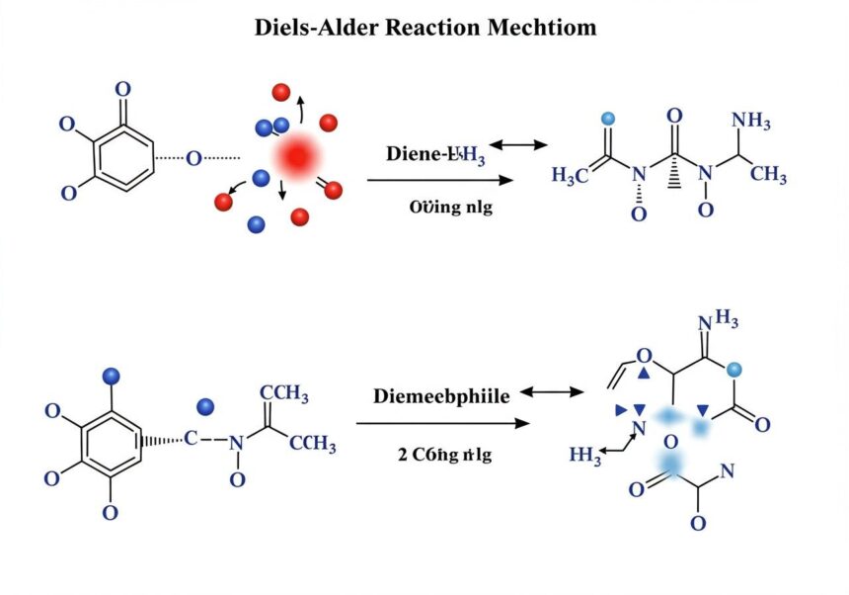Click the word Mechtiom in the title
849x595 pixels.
click(542, 28)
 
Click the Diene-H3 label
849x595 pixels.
click(435, 154)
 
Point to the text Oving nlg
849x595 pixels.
click(450, 208)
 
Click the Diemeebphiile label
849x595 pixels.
click(441, 396)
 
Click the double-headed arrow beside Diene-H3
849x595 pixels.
click(518, 145)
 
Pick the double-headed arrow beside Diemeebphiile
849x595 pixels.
click(552, 392)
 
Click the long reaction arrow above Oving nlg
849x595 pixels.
click(440, 180)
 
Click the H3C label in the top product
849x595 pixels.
click(571, 176)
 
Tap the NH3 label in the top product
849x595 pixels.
click(751, 121)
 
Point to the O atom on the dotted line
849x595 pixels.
click(193, 156)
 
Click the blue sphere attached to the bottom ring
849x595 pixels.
click(111, 375)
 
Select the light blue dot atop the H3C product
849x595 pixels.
click(607, 119)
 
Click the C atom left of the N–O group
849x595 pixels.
click(192, 439)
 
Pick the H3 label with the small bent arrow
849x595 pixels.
click(585, 456)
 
